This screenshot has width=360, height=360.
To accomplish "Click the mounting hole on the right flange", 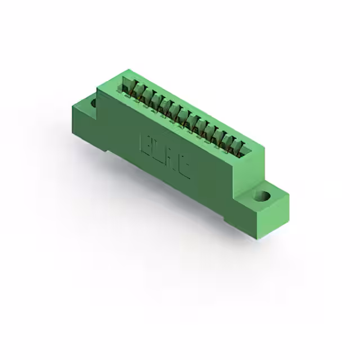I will pos(263,196).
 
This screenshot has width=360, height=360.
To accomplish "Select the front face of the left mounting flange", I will pos(84,127).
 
